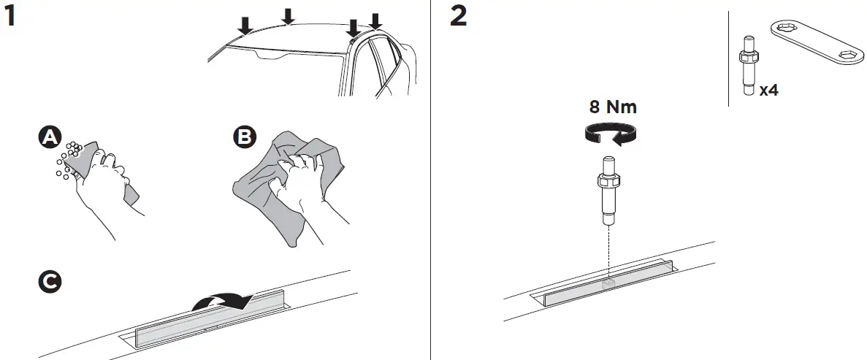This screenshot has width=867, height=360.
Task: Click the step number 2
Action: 459,16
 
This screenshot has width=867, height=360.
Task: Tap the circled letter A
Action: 49,137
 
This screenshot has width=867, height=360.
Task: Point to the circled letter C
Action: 49,281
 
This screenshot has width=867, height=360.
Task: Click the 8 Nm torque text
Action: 613,107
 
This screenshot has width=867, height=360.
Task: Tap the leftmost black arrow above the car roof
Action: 245,25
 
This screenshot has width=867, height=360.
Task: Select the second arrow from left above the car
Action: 289,15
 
